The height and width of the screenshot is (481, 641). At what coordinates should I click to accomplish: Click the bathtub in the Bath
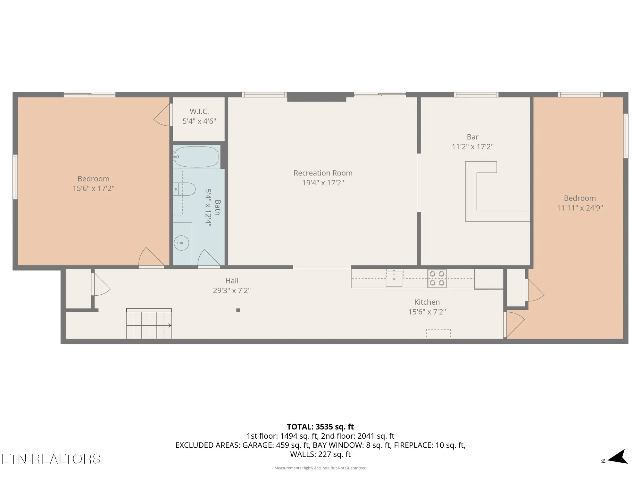click(x=196, y=157)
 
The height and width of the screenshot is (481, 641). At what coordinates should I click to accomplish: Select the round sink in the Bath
click(x=181, y=243)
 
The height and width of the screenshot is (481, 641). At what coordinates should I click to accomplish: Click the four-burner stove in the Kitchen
click(x=437, y=278)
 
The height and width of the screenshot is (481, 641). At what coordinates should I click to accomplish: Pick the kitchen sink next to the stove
click(x=394, y=279)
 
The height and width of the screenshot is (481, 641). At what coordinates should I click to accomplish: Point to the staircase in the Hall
click(x=149, y=324)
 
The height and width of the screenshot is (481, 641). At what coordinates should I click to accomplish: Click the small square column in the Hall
click(x=238, y=310)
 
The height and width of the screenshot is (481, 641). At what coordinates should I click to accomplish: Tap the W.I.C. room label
click(x=199, y=111)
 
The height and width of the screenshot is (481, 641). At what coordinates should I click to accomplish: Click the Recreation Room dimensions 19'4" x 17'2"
click(x=323, y=183)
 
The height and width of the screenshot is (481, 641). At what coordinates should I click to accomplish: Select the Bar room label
click(x=472, y=137)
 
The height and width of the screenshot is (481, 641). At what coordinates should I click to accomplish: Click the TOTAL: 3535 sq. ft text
click(x=320, y=427)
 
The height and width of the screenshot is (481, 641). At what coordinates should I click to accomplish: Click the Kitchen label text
click(x=427, y=302)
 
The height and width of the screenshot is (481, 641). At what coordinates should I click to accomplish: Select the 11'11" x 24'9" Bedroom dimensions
click(x=580, y=208)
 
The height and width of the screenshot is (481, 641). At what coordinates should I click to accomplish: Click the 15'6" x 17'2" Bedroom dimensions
click(x=93, y=188)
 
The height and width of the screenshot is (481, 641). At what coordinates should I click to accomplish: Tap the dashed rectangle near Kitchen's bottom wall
click(x=438, y=333)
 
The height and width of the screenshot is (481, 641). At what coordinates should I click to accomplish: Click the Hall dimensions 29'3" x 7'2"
click(x=231, y=291)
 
